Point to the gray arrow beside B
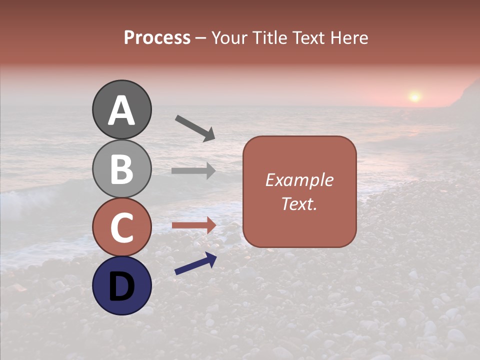pyautogui.click(x=193, y=171)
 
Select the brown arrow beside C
pyautogui.click(x=193, y=225)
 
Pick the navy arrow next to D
pyautogui.click(x=195, y=263)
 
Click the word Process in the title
pyautogui.click(x=157, y=38)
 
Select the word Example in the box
pyautogui.click(x=299, y=180)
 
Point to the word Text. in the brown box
pyautogui.click(x=299, y=203)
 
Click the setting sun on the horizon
pyautogui.click(x=414, y=96)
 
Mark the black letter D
pyautogui.click(x=121, y=286)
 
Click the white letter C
pyautogui.click(x=121, y=228)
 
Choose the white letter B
pyautogui.click(x=121, y=169)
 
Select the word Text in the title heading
pyautogui.click(x=308, y=38)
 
